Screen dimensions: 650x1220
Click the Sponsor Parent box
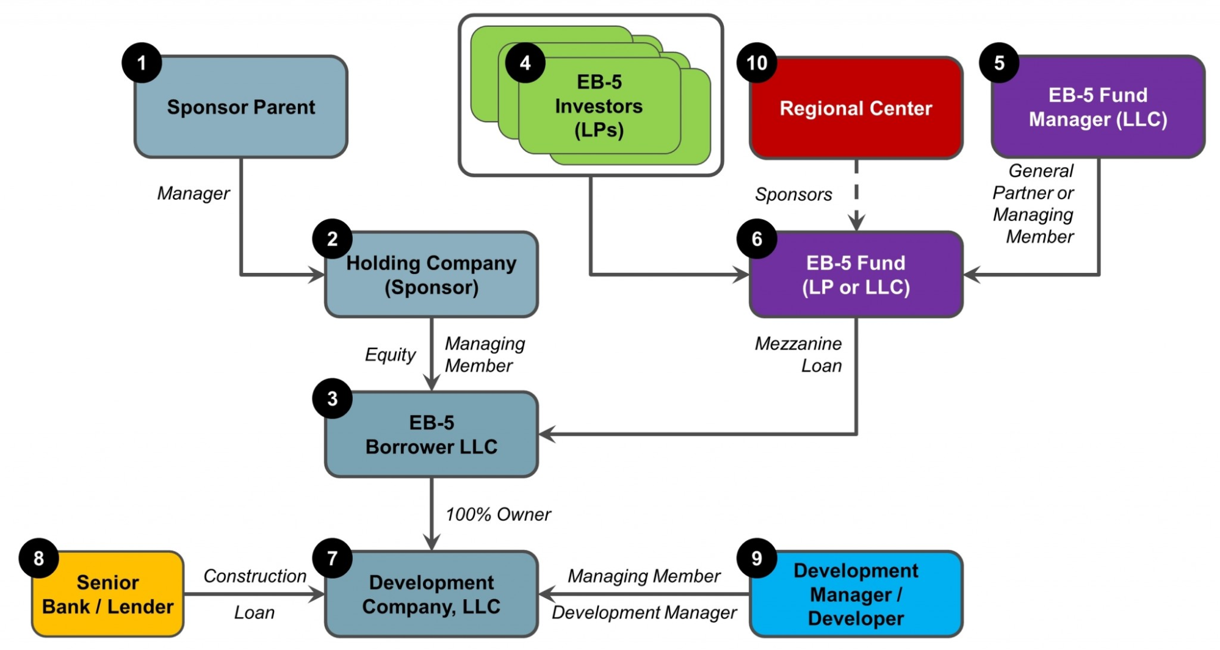[241, 107]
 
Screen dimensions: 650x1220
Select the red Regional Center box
[856, 109]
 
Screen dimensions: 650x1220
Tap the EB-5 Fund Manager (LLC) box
[1098, 107]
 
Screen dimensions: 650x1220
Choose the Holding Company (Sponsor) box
[431, 275]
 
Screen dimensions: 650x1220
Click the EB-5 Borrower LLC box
[431, 435]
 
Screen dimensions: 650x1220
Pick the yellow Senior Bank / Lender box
[108, 594]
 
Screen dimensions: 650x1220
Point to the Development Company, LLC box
[431, 594]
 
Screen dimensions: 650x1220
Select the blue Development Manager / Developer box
[856, 594]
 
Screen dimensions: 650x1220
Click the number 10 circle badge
[757, 63]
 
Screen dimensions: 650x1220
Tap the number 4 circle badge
[525, 63]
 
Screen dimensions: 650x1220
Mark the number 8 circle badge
[38, 558]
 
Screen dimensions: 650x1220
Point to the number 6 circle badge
[757, 239]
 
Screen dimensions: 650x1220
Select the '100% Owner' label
[498, 515]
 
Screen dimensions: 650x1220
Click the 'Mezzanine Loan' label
[798, 355]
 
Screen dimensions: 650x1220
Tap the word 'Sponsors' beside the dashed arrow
[793, 195]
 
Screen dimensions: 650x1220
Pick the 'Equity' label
[390, 355]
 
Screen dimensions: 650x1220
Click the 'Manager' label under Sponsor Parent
[193, 193]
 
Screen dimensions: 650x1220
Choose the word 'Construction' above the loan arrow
[254, 576]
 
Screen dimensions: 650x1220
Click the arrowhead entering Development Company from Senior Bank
[317, 594]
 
